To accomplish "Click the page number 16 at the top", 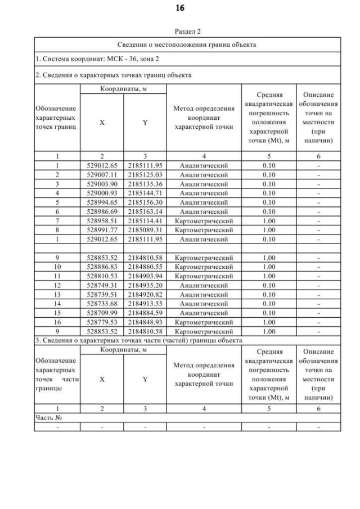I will coord(180,8).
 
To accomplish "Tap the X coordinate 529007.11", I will coord(102,175).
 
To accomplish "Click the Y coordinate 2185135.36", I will coord(145,184).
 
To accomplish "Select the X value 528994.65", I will coord(102,202).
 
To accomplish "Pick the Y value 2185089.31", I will coord(145,229).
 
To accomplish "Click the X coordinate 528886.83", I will coord(102,267).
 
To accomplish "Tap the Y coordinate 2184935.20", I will coord(145,285).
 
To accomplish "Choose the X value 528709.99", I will coord(102,312).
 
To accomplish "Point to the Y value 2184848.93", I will coord(145,321).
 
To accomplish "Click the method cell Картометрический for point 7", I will coord(204,220).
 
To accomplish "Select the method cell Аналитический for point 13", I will coord(204,294).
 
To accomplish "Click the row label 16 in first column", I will coord(57,321).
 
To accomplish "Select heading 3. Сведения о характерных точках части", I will coord(138,340).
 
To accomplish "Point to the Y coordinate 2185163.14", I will coord(145,211).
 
